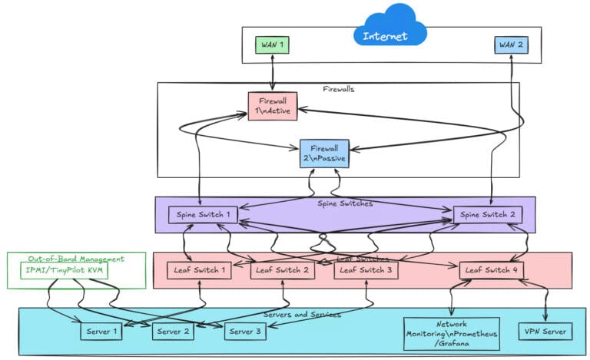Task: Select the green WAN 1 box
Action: pyautogui.click(x=273, y=45)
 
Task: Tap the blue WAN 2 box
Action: pyautogui.click(x=510, y=45)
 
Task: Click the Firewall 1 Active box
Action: pyautogui.click(x=272, y=107)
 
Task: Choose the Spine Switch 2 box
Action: pyautogui.click(x=489, y=215)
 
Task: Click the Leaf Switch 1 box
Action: pyautogui.click(x=200, y=270)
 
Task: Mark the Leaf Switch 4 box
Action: pyautogui.click(x=492, y=270)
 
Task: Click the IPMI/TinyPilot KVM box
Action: pyautogui.click(x=65, y=271)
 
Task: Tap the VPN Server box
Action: pyautogui.click(x=545, y=332)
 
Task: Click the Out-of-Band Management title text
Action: pyautogui.click(x=75, y=259)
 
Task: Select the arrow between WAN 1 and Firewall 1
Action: pyautogui.click(x=272, y=74)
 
